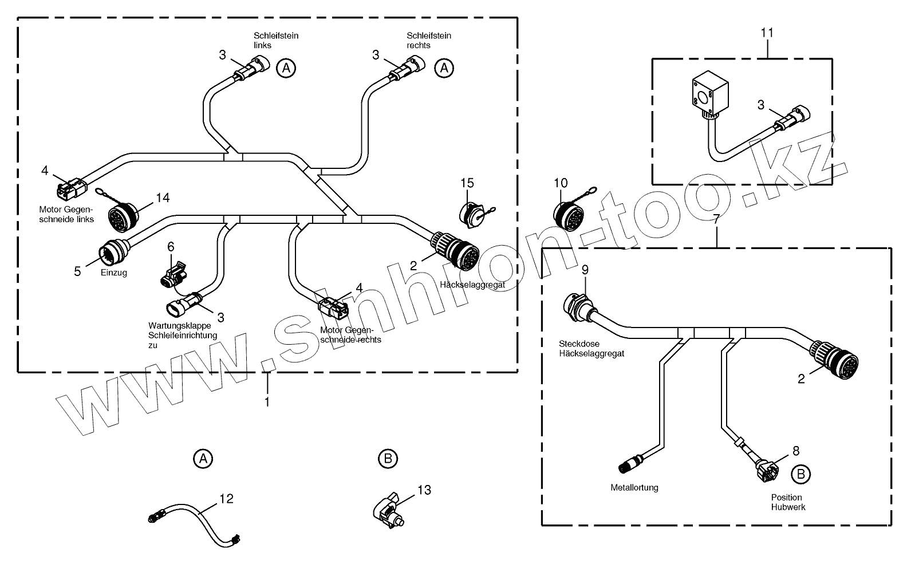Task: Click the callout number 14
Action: tap(163, 198)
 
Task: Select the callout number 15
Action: tap(467, 183)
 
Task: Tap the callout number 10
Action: tap(561, 183)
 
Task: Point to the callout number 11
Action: tap(767, 33)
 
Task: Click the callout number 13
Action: tap(424, 490)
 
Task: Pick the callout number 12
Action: tap(226, 499)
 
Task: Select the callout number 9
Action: tap(585, 270)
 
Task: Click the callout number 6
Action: tap(171, 247)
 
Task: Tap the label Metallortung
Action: tap(634, 488)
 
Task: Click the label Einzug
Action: tap(113, 273)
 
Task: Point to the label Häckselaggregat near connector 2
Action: tap(472, 285)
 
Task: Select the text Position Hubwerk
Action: tap(786, 502)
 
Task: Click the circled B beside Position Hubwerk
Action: tap(801, 474)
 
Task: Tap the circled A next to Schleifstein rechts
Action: tap(444, 68)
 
